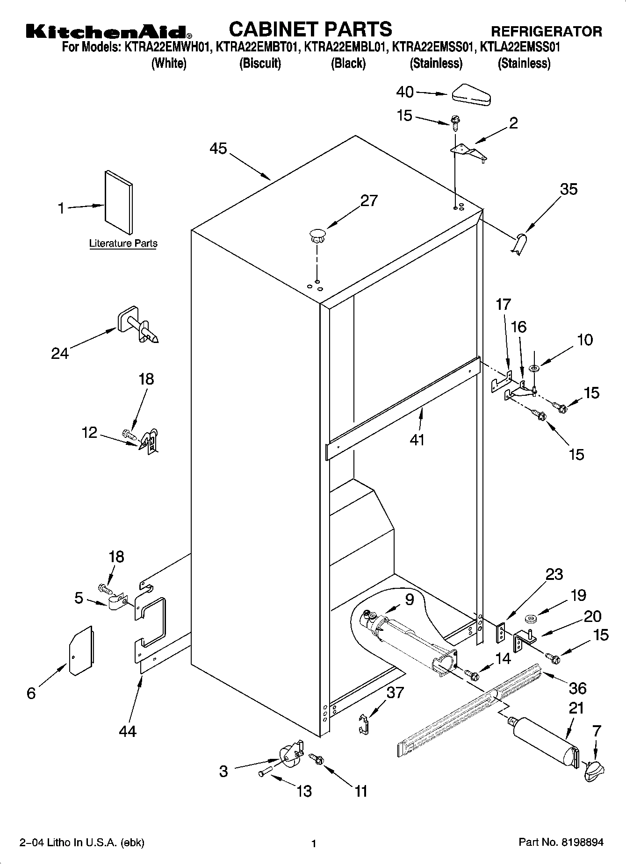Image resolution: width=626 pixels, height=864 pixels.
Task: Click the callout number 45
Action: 218,149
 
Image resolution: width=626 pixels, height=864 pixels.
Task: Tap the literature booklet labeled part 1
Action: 118,202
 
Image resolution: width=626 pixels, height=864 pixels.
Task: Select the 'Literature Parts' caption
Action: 123,243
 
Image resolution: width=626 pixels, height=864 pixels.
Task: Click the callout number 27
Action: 368,200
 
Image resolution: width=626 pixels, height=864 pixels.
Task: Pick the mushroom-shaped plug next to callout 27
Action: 317,235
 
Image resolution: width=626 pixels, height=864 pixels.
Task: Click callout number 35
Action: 568,189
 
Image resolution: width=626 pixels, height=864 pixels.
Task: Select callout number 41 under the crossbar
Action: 417,439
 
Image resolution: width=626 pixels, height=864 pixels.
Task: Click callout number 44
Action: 127,730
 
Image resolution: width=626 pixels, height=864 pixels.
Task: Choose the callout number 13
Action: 304,791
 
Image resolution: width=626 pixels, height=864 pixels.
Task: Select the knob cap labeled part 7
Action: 593,769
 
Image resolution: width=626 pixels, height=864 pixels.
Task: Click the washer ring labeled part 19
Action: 531,620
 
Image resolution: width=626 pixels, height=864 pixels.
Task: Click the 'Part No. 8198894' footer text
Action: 561,843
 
